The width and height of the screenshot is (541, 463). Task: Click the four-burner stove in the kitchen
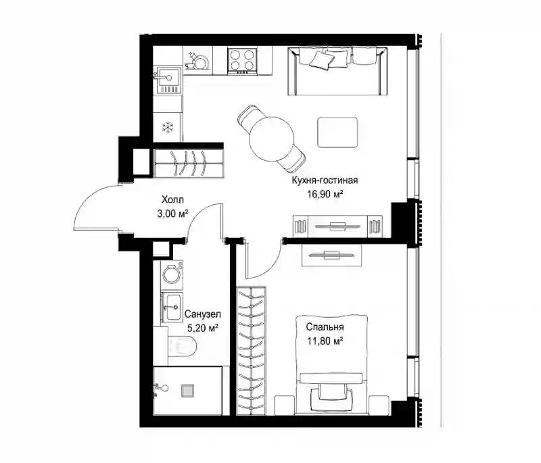pos(242,61)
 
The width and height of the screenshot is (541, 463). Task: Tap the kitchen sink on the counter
pos(168,80)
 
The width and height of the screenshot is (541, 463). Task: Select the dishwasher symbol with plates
pos(196,61)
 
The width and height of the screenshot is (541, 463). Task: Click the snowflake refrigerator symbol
pos(168,127)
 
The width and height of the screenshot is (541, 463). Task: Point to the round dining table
pos(272,139)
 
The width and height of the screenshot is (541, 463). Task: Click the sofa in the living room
pos(337,71)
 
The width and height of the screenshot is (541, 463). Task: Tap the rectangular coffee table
pos(337,132)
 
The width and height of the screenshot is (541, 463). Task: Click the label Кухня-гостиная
pos(325,180)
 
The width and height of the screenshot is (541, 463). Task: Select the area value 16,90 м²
pos(325,194)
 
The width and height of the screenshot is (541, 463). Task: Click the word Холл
pos(172,199)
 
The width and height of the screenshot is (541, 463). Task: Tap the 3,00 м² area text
pos(172,214)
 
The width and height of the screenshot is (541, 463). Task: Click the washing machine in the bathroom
pos(172,272)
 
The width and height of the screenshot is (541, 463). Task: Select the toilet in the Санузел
pos(182,346)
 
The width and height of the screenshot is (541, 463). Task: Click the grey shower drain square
pos(187,390)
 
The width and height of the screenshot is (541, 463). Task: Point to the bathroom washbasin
pos(172,307)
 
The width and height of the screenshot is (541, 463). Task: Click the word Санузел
pos(202,314)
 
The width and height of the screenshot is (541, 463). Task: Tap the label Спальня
pos(325,327)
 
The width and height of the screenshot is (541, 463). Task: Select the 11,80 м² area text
pos(325,341)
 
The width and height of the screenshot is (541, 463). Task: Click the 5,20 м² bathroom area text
pos(202,328)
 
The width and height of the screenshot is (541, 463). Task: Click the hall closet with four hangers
pos(189,163)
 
